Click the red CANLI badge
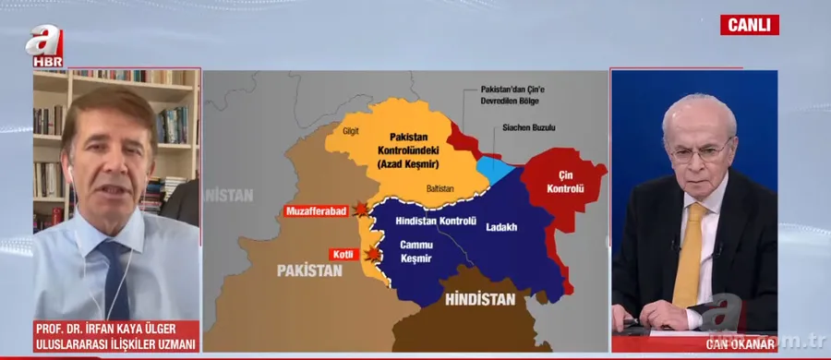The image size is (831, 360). coord(749,25)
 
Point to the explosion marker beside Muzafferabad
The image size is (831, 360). coord(360,210)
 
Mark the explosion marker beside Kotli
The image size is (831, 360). coord(371,254)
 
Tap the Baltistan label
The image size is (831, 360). coord(440,188)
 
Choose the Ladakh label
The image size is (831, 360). coord(500,227)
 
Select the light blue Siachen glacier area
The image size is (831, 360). coord(495,169)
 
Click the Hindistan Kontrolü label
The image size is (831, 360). coord(435,222)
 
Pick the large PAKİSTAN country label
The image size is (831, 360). coord(308,270)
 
